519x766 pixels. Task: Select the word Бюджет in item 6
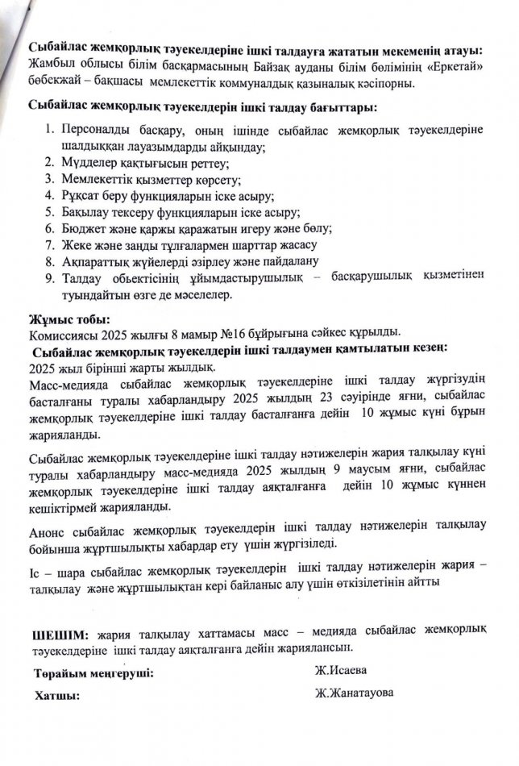click(82, 229)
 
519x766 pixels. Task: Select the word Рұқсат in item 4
click(81, 197)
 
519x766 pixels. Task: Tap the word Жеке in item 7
click(75, 246)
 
